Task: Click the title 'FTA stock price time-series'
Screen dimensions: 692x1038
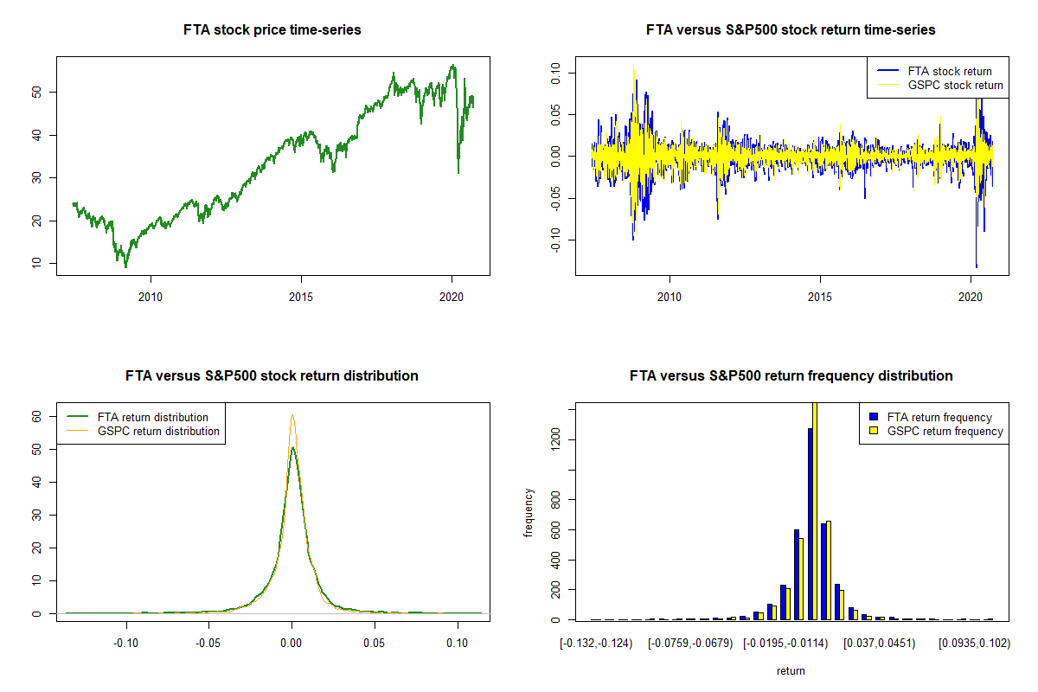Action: click(272, 30)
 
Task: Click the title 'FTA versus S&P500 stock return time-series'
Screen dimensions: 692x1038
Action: click(791, 30)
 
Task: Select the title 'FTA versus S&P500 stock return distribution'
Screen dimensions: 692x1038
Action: click(272, 376)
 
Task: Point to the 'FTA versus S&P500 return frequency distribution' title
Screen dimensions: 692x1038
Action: click(791, 376)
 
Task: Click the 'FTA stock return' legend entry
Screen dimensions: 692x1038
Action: click(950, 71)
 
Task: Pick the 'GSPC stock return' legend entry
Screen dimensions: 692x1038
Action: click(955, 86)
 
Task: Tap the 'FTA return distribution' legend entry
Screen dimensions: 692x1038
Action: click(153, 417)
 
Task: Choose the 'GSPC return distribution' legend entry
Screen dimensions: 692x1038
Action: click(158, 431)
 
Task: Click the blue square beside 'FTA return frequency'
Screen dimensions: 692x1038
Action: click(875, 417)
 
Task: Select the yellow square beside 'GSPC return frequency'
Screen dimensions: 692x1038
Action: click(875, 431)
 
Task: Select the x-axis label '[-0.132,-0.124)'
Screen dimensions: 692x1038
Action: click(596, 644)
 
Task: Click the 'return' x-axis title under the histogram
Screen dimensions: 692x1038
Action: click(791, 670)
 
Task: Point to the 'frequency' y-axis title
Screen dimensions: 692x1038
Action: click(529, 513)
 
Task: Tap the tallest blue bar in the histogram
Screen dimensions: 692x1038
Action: click(811, 523)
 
